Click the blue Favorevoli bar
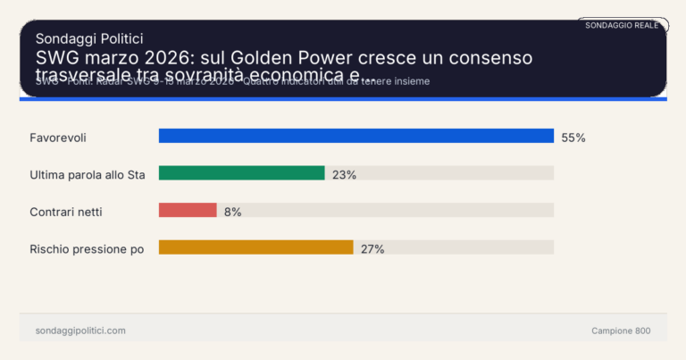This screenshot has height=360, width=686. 356,136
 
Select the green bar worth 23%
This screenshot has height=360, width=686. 241,173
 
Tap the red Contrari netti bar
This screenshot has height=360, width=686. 188,210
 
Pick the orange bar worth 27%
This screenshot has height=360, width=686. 255,247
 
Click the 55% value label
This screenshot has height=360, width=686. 573,138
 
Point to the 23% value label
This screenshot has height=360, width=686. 344,175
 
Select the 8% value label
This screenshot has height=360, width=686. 232,212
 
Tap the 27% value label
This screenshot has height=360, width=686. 372,249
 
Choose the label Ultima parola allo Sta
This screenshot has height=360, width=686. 87,175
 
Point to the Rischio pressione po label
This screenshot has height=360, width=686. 87,249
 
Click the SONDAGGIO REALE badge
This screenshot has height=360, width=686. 622,25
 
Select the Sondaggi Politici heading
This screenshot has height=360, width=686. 89,38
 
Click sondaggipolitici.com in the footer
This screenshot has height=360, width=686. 80,331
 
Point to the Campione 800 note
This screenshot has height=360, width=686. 621,331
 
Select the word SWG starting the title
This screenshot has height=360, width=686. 54,58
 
